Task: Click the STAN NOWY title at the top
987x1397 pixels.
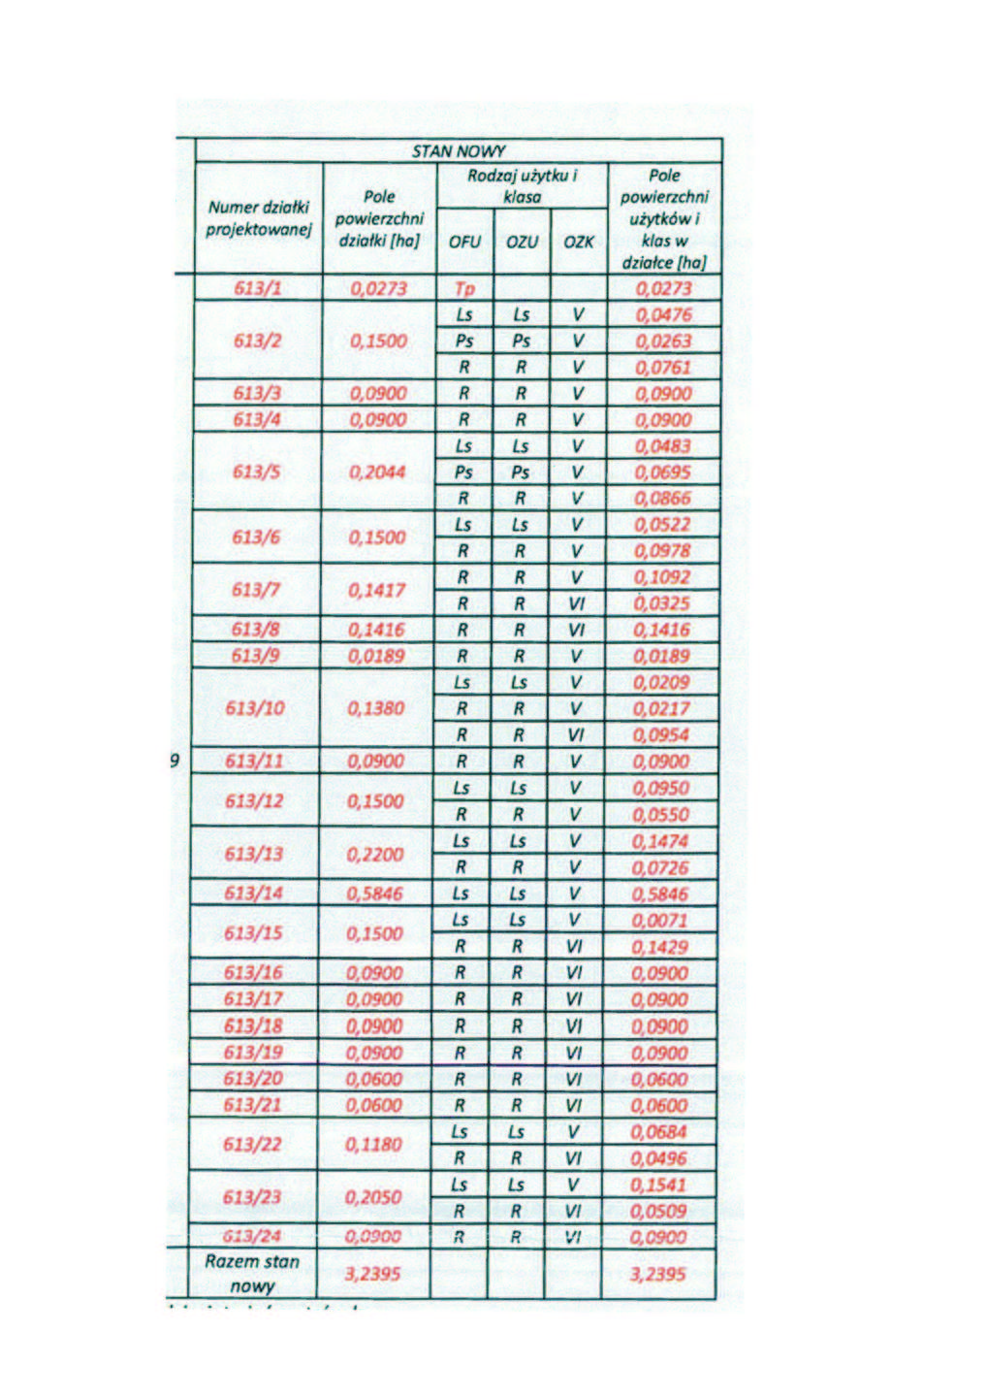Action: tap(459, 151)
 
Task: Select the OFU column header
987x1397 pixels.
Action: tap(464, 242)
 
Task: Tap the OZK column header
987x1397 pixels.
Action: tap(579, 242)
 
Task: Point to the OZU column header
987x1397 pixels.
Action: tap(522, 242)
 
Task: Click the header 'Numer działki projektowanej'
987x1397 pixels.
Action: tap(258, 218)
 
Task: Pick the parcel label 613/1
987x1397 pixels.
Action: tap(258, 288)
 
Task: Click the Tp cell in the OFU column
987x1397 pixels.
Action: tap(464, 289)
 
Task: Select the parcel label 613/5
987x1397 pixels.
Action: tap(257, 472)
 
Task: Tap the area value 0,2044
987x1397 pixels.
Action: tap(377, 472)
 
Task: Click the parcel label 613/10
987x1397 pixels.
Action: tap(255, 708)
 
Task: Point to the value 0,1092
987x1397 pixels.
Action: tap(662, 577)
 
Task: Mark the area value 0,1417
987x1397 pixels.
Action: tap(377, 590)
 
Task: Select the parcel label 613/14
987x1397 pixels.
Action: tap(254, 893)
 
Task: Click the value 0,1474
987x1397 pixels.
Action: tap(660, 841)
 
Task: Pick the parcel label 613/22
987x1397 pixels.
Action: tap(252, 1145)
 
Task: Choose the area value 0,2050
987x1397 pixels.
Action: tap(373, 1197)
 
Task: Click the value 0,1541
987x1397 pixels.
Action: tap(658, 1185)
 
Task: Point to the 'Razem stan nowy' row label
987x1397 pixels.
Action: tap(252, 1274)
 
